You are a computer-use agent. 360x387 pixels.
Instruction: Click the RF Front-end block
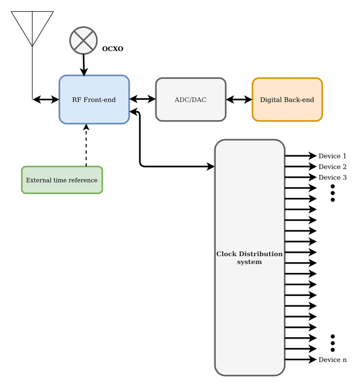[94, 100]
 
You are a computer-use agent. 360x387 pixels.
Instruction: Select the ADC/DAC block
[190, 100]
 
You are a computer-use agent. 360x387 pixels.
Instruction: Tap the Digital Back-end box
[287, 100]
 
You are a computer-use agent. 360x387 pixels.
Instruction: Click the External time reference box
[62, 180]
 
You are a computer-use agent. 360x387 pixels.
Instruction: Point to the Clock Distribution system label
[249, 257]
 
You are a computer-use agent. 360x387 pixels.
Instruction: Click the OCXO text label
[113, 49]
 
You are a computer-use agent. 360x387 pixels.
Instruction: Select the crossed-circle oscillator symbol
[83, 41]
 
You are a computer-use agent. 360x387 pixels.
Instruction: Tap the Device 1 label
[332, 156]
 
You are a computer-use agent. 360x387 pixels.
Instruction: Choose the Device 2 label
[332, 167]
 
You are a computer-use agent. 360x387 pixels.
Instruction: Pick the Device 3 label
[332, 177]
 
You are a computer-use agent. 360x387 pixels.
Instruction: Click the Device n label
[332, 360]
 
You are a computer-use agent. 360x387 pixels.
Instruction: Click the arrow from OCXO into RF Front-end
[83, 65]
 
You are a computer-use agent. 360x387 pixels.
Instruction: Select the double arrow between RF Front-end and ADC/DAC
[142, 99]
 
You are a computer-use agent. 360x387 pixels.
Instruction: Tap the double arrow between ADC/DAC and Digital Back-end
[239, 99]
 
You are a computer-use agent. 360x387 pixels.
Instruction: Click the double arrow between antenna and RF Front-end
[46, 99]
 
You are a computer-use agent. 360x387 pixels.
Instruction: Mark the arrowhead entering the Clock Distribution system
[210, 167]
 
